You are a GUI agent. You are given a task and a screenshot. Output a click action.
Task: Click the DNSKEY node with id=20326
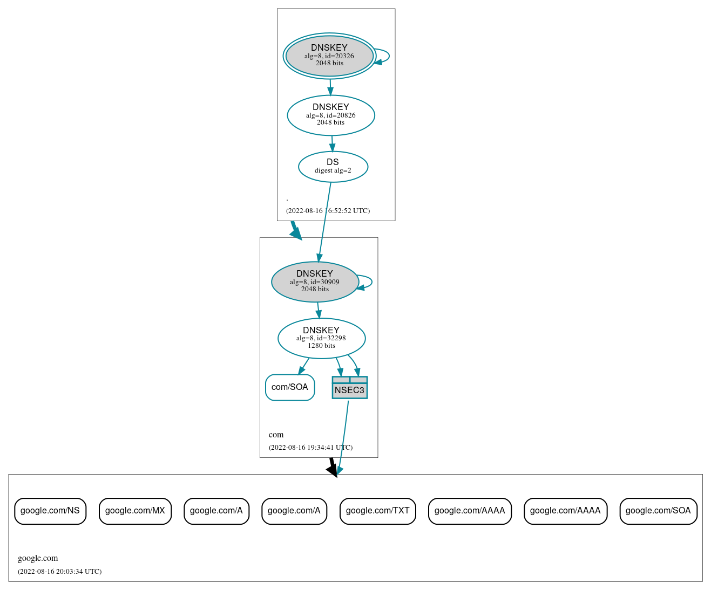coord(329,56)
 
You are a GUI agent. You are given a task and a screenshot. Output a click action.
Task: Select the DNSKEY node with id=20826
coord(331,115)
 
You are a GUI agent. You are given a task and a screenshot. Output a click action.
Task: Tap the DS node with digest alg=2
coord(333,167)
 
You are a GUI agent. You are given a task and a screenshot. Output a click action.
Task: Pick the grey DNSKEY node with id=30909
coord(315,282)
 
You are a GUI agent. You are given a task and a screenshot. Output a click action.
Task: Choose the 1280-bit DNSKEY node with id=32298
coord(321,338)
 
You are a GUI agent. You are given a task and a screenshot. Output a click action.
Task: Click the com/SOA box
coord(290,387)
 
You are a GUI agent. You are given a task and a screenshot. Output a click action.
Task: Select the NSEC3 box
coord(349,388)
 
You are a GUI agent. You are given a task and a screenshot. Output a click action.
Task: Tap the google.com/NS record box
coord(50,511)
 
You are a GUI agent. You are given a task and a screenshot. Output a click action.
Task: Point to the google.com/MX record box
coord(135,511)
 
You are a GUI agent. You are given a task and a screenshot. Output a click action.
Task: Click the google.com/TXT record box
coord(377,511)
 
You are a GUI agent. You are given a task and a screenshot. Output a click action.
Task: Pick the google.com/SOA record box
coord(658,511)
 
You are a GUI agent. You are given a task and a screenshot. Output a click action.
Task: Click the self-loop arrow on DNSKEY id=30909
coord(371,282)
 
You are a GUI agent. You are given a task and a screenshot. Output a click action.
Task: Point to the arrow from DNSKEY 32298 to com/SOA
coord(303,366)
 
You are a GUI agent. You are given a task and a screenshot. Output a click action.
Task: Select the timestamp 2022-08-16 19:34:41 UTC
coord(310,447)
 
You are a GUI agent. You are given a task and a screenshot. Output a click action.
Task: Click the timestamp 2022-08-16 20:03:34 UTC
coord(59,571)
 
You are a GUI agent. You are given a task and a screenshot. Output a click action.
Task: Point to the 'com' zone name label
coord(276,435)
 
